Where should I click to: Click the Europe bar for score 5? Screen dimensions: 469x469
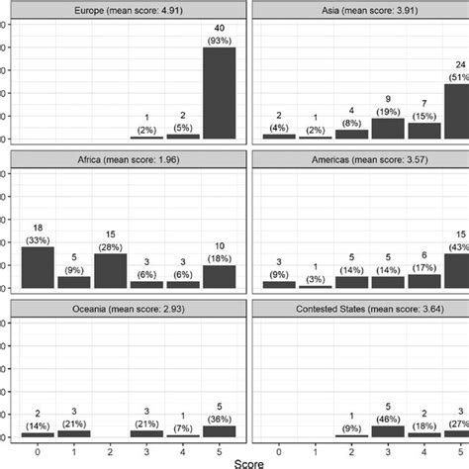coord(219,93)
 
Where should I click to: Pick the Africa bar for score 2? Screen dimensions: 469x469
coord(111,270)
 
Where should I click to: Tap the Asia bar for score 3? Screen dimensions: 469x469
coord(388,128)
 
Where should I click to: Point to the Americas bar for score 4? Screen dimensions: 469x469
coord(423,281)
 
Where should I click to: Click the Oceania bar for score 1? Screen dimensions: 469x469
coord(74,433)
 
